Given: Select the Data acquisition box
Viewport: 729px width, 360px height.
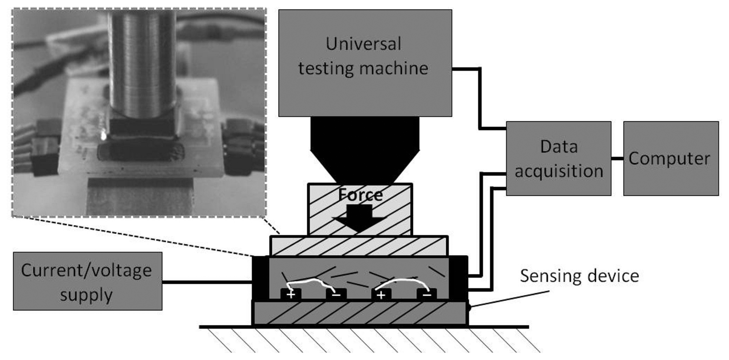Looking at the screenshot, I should click(x=558, y=159).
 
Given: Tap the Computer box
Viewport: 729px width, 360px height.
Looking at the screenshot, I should click(x=671, y=159).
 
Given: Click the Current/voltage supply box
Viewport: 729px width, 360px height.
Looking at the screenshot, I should click(x=87, y=281).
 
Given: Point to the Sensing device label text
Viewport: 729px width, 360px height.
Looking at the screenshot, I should click(x=579, y=276).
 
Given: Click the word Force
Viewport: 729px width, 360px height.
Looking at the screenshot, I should click(x=360, y=195).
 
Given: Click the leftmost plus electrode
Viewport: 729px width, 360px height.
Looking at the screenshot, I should click(x=291, y=295).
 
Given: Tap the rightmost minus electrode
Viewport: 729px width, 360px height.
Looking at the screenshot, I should click(x=427, y=295).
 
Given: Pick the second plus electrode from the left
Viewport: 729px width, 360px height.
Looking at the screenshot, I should click(x=381, y=295).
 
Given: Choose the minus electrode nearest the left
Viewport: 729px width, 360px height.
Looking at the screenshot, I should click(x=336, y=295).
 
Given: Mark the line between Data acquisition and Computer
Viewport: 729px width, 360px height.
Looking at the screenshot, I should click(x=617, y=159).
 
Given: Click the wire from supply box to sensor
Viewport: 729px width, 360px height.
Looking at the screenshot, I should click(x=207, y=282).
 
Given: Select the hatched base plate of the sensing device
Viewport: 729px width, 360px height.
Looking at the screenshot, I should click(x=359, y=313).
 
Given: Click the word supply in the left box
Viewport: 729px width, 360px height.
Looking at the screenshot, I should click(x=86, y=295).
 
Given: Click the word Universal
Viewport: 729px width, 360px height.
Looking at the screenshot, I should click(x=363, y=44).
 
